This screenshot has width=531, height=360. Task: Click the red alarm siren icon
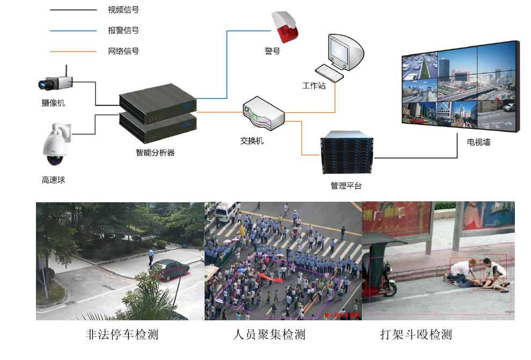click(x=285, y=27)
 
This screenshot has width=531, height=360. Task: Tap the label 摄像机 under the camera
click(x=53, y=102)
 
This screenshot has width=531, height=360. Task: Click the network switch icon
click(x=263, y=114)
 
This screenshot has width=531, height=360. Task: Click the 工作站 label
click(x=314, y=86)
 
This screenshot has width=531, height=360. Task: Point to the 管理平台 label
click(x=346, y=186)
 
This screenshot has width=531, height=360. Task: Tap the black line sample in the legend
click(x=73, y=10)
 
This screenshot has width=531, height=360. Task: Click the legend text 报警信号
click(x=123, y=31)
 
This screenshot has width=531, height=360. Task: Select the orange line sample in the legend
click(x=73, y=52)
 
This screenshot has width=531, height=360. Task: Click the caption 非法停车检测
click(x=122, y=335)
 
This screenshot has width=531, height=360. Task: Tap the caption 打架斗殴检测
click(x=416, y=335)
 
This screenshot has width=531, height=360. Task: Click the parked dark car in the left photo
click(x=170, y=269)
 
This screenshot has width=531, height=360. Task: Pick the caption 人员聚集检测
click(x=269, y=335)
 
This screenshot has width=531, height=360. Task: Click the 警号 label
click(x=272, y=52)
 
